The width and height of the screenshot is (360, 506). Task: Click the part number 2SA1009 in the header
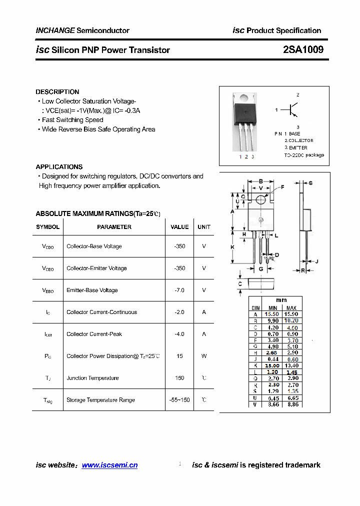303,49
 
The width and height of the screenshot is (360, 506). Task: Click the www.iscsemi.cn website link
109,465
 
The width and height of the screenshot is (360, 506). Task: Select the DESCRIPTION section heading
57,92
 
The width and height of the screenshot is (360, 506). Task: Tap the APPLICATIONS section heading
59,167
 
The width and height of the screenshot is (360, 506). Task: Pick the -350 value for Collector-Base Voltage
179,246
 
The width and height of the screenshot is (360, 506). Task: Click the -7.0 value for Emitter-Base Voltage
179,290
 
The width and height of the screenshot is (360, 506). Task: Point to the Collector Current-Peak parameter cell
94,334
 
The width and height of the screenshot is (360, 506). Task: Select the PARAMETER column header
114,227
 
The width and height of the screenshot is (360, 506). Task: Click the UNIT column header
204,227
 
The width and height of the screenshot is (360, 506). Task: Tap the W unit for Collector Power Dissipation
204,356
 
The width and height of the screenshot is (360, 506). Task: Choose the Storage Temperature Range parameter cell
100,400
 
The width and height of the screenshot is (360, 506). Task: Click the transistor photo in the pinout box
245,122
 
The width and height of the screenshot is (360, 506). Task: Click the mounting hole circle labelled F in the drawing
261,199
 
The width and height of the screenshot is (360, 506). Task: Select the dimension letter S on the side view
310,183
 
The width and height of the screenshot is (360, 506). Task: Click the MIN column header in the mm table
272,307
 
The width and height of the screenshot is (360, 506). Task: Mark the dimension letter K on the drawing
232,247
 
